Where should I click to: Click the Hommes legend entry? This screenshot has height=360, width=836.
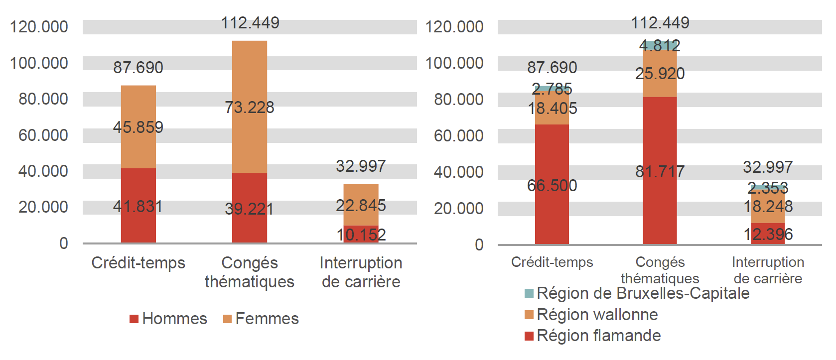click(168, 319)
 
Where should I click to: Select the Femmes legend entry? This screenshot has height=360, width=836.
click(261, 319)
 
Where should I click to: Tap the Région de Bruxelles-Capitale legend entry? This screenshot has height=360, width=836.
click(637, 293)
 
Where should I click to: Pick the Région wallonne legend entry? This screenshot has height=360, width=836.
click(592, 315)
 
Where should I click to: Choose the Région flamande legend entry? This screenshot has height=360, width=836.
click(593, 336)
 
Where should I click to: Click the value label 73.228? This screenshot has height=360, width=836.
click(250, 107)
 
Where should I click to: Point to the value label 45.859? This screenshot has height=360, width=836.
click(138, 127)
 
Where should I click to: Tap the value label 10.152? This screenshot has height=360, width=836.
click(361, 235)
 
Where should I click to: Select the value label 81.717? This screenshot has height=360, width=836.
click(660, 172)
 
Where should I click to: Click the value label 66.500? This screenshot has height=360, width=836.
click(552, 186)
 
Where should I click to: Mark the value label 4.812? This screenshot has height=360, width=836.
click(660, 46)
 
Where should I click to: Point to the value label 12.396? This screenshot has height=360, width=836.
click(768, 234)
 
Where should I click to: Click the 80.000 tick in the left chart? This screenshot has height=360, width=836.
click(43, 99)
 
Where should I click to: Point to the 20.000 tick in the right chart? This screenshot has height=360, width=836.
click(458, 208)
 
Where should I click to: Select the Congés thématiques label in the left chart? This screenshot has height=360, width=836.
click(250, 272)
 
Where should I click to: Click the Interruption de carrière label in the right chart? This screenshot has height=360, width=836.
click(768, 270)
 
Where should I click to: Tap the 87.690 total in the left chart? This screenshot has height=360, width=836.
click(138, 67)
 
